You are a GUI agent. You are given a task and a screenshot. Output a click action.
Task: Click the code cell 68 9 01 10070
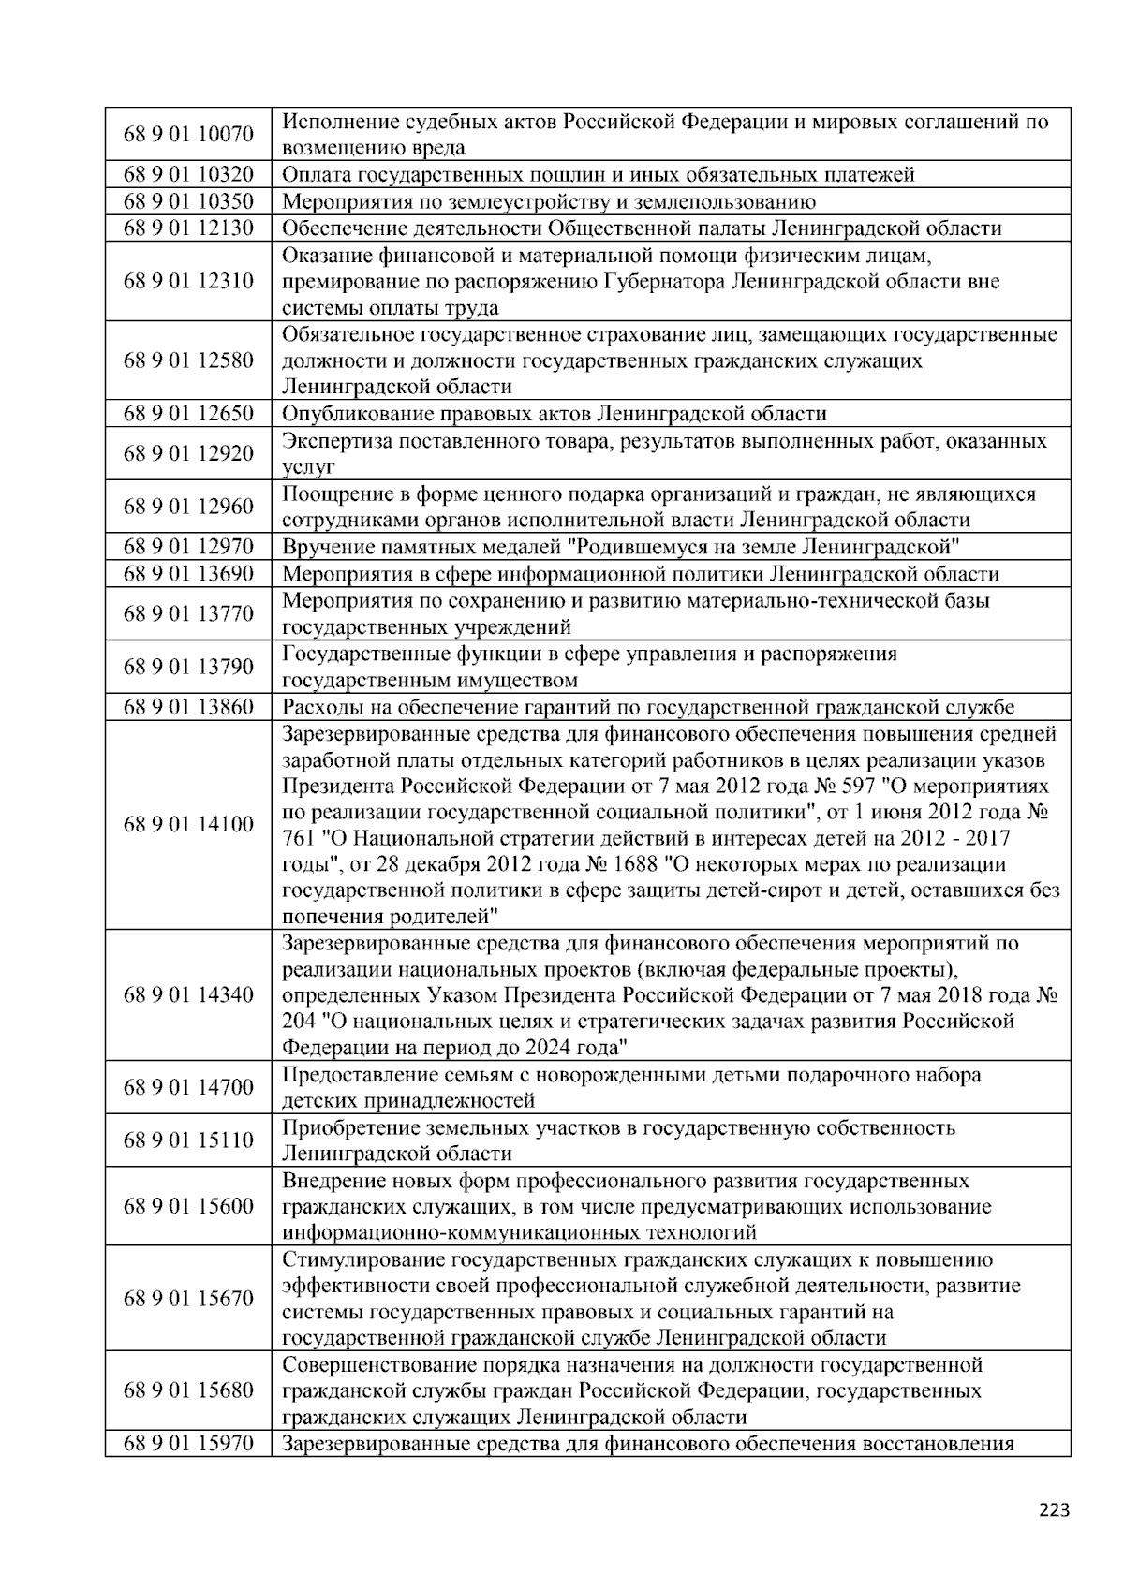tap(188, 134)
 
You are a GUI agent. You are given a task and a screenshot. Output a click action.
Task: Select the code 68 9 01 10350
tap(188, 201)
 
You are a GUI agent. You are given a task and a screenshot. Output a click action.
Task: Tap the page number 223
tap(1054, 1509)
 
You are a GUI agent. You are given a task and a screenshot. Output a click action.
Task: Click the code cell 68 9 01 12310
tap(188, 281)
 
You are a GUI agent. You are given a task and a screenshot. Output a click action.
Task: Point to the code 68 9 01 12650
tap(188, 414)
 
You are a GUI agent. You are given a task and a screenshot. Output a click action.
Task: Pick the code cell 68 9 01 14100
tap(188, 824)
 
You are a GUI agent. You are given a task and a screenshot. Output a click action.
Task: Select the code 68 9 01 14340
tap(188, 994)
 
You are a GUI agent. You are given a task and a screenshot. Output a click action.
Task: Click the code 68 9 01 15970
tap(188, 1443)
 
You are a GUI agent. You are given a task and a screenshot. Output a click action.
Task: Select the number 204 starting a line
tap(299, 1021)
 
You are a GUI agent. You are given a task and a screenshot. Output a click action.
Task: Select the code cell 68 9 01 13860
tap(188, 707)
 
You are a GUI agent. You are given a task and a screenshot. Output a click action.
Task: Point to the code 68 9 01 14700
tap(188, 1087)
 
